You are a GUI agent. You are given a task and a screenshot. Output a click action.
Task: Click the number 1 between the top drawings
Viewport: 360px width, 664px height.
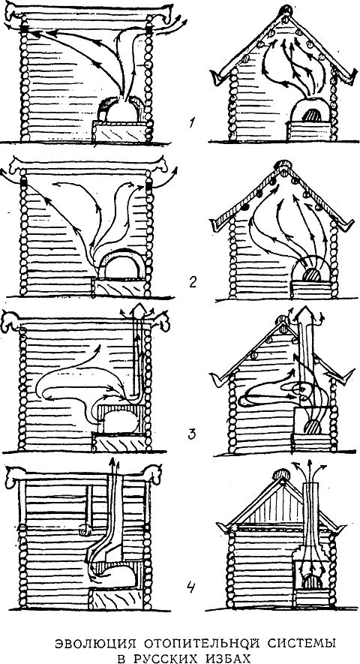pos(192,125)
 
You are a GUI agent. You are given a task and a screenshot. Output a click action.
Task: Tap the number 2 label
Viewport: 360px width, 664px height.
pos(193,281)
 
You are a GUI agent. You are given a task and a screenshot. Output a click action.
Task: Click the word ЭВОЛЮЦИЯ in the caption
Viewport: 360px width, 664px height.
pos(89,644)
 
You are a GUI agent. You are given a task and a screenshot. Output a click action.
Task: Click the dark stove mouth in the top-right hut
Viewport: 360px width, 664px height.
pos(312,115)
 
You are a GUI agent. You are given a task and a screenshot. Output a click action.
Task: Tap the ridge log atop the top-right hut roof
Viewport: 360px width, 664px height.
pos(287,9)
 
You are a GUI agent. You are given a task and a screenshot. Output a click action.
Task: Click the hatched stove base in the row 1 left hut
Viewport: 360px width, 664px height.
pos(120,132)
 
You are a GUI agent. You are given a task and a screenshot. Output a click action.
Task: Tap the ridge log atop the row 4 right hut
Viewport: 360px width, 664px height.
pos(281,474)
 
